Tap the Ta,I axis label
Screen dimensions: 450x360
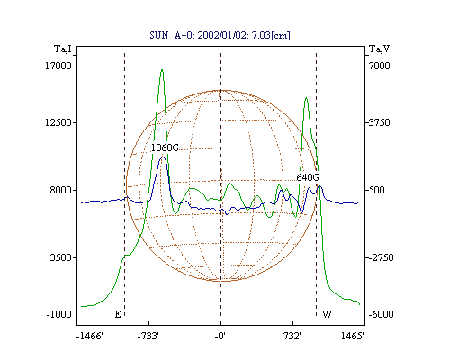(x=63, y=49)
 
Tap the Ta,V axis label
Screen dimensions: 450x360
(x=379, y=49)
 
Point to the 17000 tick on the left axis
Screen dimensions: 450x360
(x=58, y=66)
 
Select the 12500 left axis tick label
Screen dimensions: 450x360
(x=58, y=122)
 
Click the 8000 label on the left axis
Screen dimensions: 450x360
(x=61, y=190)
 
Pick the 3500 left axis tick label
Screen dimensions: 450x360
(x=61, y=257)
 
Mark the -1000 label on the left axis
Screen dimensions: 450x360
(x=59, y=314)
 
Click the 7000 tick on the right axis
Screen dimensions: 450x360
(x=379, y=66)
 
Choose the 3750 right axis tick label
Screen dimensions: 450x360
(x=379, y=122)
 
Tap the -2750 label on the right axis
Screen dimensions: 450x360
(x=381, y=257)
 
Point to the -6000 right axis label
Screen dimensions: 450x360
(x=381, y=314)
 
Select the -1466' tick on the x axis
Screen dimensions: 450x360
(x=90, y=336)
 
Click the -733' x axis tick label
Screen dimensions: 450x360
(x=148, y=336)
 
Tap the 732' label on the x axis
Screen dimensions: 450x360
(x=292, y=336)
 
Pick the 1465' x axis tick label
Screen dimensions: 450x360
(x=353, y=336)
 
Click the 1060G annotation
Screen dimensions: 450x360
(x=165, y=148)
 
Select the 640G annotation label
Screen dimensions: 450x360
(x=308, y=177)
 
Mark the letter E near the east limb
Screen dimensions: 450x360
(x=118, y=314)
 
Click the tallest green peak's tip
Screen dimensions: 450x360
(x=162, y=70)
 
